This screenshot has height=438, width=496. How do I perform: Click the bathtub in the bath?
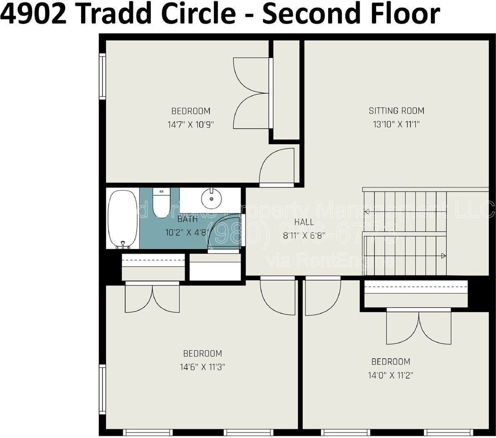click(x=123, y=218)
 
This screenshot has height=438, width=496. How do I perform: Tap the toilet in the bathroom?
click(x=161, y=203)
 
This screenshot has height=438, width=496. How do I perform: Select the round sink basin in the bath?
click(x=211, y=198)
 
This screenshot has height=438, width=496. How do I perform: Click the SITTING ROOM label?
click(x=396, y=110)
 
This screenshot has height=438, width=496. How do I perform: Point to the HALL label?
click(x=304, y=222)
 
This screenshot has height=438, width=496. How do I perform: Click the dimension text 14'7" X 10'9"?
click(x=191, y=124)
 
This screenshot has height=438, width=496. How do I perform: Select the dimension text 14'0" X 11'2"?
click(x=391, y=375)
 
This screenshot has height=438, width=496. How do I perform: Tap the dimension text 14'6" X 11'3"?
click(x=202, y=367)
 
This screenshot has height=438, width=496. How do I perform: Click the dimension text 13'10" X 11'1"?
click(x=396, y=124)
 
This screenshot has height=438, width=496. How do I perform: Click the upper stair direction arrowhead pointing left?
click(x=366, y=211)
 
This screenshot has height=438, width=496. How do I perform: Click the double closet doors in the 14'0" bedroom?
click(x=418, y=326)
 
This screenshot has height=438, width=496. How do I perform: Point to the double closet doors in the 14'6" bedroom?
click(x=152, y=298)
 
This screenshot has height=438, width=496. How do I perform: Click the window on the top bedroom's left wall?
click(x=103, y=76)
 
